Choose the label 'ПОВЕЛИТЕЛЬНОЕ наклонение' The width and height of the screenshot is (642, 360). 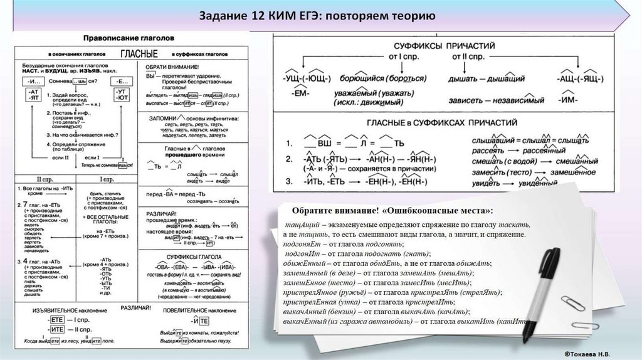point(198,310)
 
